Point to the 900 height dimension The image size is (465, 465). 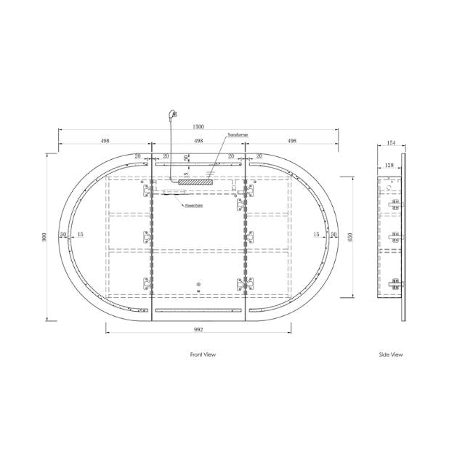pyautogui.click(x=44, y=236)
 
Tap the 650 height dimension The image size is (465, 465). pyautogui.click(x=350, y=236)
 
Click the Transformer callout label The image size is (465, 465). pyautogui.click(x=238, y=135)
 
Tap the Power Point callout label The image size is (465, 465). pyautogui.click(x=193, y=206)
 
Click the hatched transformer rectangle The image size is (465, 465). pyautogui.click(x=197, y=182)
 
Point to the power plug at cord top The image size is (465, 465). pyautogui.click(x=172, y=113)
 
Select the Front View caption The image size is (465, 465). pyautogui.click(x=203, y=355)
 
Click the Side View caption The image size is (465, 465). pyautogui.click(x=391, y=355)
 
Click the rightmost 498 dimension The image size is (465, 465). pyautogui.click(x=292, y=142)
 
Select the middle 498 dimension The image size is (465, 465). pyautogui.click(x=198, y=142)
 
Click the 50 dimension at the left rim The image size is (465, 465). pyautogui.click(x=63, y=235)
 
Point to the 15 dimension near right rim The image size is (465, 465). pyautogui.click(x=317, y=235)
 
